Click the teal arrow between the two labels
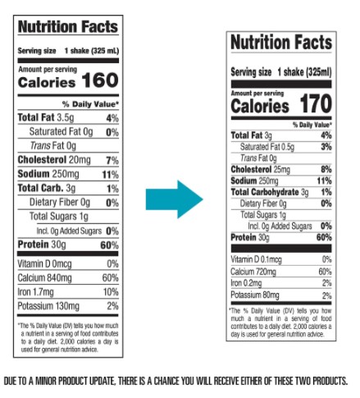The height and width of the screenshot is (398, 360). (174, 199)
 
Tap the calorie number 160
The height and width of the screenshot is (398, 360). (100, 80)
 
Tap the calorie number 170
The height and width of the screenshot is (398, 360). (316, 103)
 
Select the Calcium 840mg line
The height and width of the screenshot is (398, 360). (44, 278)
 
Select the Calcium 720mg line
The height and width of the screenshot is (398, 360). (253, 272)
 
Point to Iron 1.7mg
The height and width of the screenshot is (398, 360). (35, 292)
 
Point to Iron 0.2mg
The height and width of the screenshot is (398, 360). (246, 283)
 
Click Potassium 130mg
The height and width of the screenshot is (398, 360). (48, 306)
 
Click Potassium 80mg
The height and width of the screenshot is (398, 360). (255, 295)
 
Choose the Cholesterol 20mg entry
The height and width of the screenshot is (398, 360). (54, 160)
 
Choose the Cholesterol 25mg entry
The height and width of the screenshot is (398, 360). (260, 170)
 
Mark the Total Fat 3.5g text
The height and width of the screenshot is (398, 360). (46, 117)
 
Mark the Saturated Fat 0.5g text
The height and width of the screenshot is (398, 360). (267, 147)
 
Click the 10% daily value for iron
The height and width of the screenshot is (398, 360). (111, 292)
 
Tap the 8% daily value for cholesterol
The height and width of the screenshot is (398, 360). (326, 169)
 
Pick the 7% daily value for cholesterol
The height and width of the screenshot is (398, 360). (112, 160)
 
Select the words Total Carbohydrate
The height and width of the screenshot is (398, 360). (265, 192)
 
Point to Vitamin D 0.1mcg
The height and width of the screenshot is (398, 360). (256, 259)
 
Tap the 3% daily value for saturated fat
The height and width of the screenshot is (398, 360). (326, 147)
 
